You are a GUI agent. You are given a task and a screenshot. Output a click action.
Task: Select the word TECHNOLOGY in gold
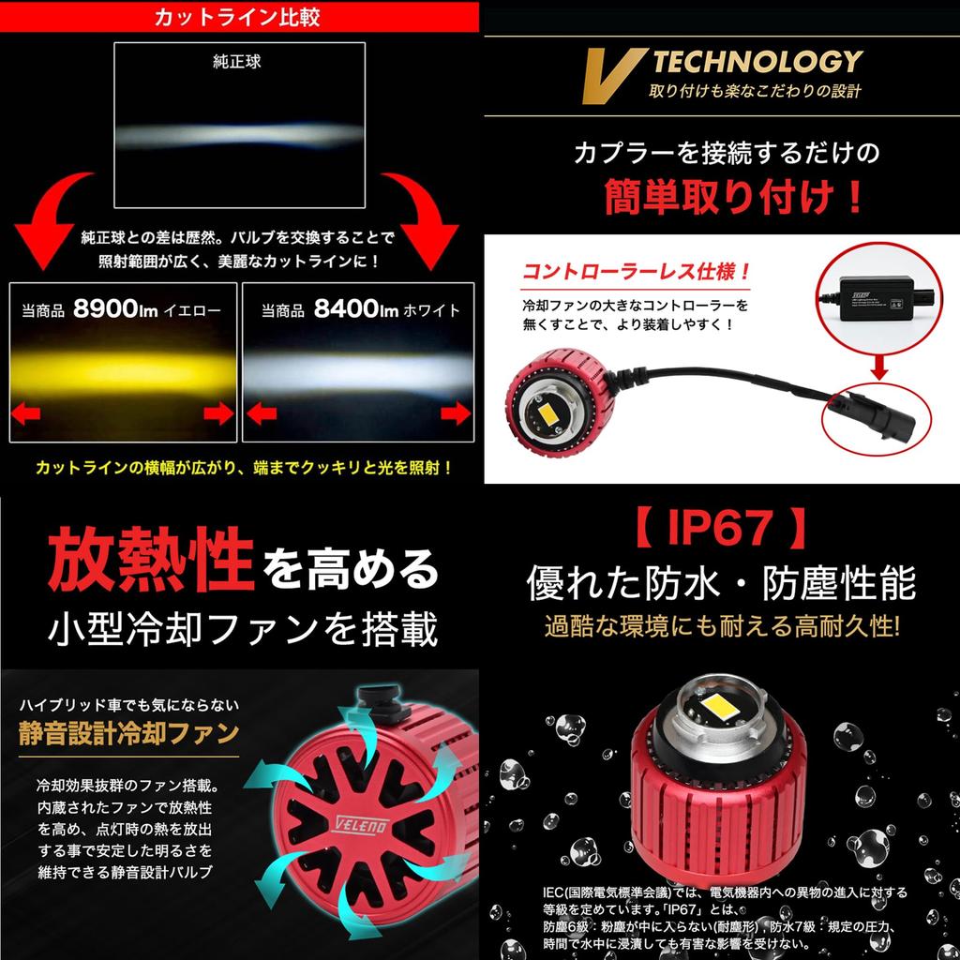pyautogui.click(x=757, y=62)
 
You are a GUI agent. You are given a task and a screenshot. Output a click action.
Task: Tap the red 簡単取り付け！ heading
pyautogui.click(x=719, y=197)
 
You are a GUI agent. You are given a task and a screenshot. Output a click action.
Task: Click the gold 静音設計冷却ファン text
pyautogui.click(x=128, y=733)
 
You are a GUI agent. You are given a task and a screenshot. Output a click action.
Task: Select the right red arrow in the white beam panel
pyautogui.click(x=455, y=412)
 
